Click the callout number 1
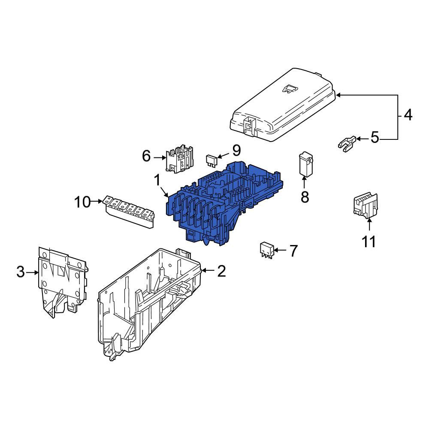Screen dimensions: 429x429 157,180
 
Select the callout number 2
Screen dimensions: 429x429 222,271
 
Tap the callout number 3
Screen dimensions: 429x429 21,272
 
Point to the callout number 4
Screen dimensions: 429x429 408,115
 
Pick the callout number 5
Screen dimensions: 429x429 375,137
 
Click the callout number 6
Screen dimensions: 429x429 146,156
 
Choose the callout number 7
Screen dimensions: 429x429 293,251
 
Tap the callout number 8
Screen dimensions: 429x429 305,196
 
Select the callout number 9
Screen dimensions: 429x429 236,150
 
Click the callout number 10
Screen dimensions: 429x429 82,202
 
